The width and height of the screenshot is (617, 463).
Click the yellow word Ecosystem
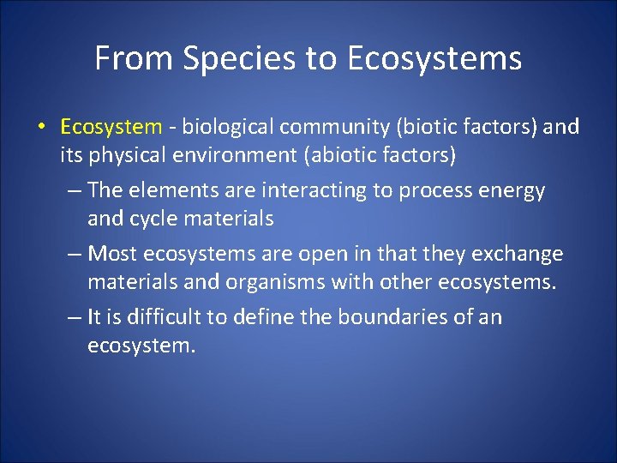point(111,128)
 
